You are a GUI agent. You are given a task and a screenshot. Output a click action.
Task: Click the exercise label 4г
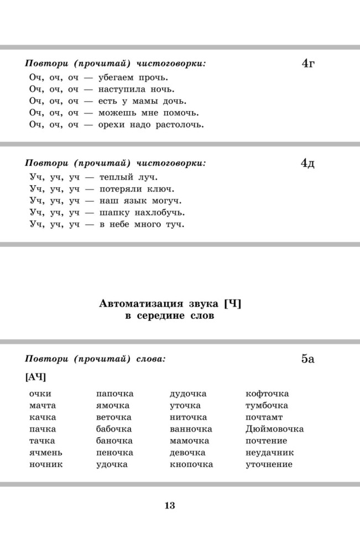[308, 64]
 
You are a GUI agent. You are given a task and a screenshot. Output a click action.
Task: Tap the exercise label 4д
[308, 164]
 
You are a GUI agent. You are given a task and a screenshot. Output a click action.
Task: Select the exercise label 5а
[308, 359]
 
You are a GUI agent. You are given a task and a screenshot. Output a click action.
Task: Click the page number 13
[169, 506]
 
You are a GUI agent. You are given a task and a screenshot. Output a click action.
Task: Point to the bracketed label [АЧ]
[35, 377]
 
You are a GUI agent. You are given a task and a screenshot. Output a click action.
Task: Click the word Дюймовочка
[274, 429]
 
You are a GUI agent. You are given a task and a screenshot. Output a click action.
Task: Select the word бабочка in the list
[114, 429]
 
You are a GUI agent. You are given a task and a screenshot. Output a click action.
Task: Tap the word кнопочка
[191, 464]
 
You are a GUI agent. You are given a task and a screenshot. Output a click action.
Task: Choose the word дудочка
[188, 394]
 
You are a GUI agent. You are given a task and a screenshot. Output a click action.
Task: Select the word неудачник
[269, 453]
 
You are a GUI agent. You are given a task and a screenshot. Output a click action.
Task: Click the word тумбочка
[267, 406]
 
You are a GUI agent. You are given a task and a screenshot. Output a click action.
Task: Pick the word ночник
[46, 464]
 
